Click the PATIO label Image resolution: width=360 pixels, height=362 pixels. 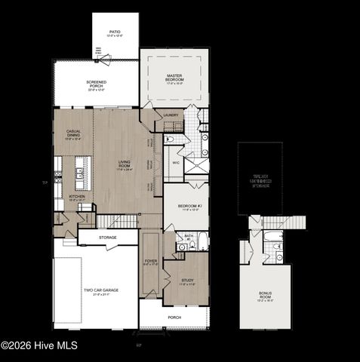(114, 33)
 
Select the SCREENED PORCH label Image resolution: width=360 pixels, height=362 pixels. (96, 84)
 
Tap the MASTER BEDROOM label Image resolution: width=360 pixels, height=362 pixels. (175, 79)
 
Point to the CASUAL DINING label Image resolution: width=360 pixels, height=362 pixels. (73, 133)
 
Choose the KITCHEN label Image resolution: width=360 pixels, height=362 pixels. (77, 198)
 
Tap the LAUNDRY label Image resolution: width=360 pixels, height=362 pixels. (171, 115)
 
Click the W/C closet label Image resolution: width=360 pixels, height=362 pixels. (175, 161)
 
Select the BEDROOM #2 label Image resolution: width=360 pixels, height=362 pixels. (188, 207)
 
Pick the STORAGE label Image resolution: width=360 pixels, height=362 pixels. (107, 238)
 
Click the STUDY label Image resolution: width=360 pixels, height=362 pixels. (187, 281)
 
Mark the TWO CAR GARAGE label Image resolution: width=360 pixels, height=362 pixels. (100, 290)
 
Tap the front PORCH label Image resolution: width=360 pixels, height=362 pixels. (174, 318)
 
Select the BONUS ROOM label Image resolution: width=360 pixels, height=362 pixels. (265, 295)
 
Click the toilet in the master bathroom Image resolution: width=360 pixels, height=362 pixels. (169, 140)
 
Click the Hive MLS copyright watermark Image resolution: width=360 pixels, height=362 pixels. (39, 346)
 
